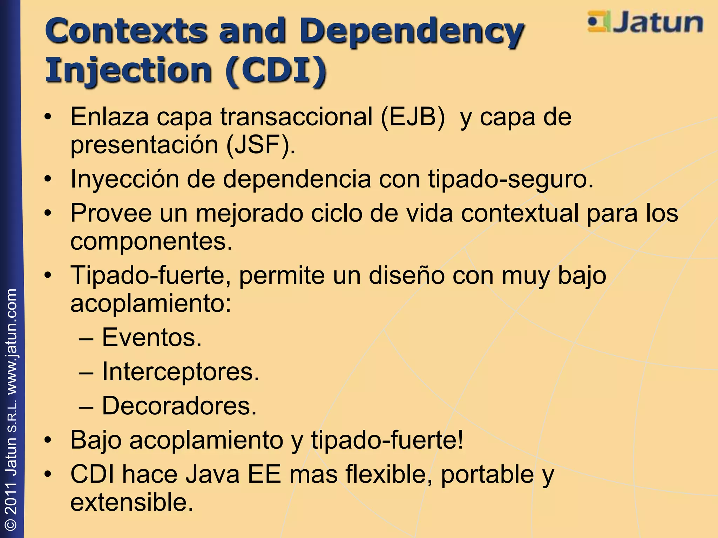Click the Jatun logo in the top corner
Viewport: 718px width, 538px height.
coord(645,22)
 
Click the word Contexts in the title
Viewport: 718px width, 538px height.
coord(126,31)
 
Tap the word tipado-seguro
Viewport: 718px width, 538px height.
coord(510,179)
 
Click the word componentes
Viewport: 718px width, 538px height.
coord(151,241)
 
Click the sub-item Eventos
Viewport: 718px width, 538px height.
coord(151,338)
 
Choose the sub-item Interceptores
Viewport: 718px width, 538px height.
coord(180,371)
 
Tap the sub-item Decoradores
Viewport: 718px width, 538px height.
coord(179,406)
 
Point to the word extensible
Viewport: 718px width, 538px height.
coord(132,502)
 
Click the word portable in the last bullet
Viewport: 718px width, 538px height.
coord(487,474)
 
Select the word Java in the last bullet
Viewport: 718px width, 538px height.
coord(212,474)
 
